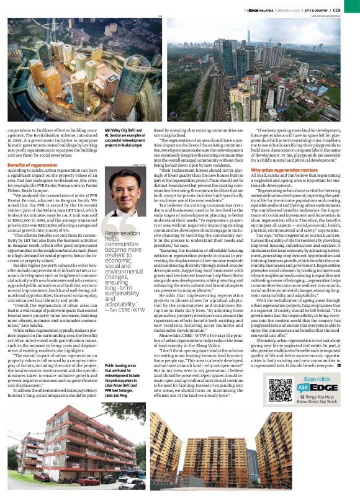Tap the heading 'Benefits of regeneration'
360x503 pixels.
pyautogui.click(x=30, y=165)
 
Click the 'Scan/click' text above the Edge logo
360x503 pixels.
pyautogui.click(x=315, y=396)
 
